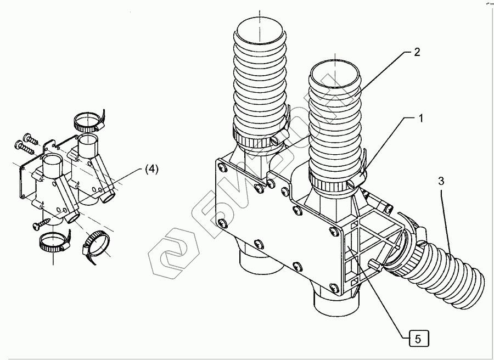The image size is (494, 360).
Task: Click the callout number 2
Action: [x=417, y=52]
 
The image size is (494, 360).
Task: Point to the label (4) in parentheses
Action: [x=151, y=170]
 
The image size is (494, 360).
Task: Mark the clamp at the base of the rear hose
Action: [x=257, y=137]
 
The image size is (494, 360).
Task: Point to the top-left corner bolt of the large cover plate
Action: [x=221, y=164]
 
